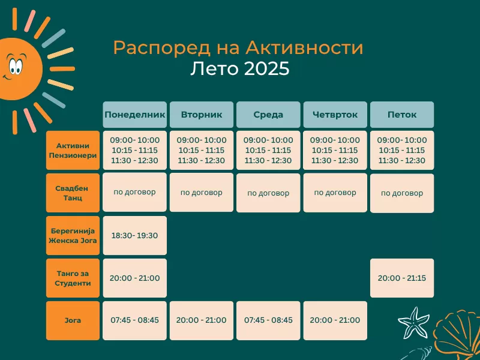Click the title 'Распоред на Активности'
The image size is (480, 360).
(x=238, y=48)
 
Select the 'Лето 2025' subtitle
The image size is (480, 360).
(x=239, y=68)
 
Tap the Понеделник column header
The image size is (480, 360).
(x=134, y=115)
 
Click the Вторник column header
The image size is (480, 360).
(x=202, y=115)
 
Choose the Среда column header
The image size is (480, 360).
(x=268, y=115)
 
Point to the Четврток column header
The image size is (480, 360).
(x=335, y=115)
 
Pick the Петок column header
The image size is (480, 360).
(x=402, y=115)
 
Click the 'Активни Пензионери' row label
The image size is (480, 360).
(x=73, y=151)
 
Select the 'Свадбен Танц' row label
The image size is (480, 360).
(x=73, y=193)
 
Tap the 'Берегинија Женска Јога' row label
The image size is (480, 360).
(x=73, y=235)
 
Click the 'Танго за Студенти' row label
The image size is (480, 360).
(x=73, y=278)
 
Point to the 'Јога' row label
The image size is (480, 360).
(x=73, y=320)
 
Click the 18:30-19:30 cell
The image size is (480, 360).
(x=134, y=235)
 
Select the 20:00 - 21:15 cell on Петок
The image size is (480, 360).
(x=402, y=278)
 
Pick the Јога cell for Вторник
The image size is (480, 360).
(x=202, y=320)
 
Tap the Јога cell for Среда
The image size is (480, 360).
(x=268, y=320)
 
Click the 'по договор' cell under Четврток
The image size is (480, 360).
(x=335, y=193)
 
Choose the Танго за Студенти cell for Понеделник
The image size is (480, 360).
(x=134, y=278)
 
